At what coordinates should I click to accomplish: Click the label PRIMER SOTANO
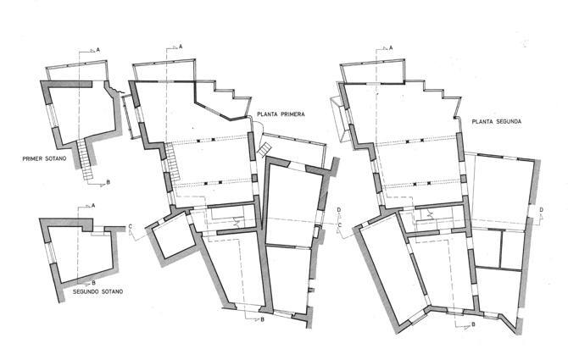44,159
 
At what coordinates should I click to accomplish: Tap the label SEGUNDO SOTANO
97,291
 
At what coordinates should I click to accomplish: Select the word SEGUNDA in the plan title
508,122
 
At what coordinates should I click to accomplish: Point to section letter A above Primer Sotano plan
97,50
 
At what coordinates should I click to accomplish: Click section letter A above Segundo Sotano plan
93,206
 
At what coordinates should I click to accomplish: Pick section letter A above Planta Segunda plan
391,47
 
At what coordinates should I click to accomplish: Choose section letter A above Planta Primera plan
181,47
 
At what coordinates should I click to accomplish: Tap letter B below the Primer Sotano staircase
108,183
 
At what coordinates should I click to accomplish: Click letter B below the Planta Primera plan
262,319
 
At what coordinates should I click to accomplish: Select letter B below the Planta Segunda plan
473,325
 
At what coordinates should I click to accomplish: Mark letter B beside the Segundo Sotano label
93,283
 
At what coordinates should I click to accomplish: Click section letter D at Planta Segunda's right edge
541,210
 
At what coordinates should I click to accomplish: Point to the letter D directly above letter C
339,210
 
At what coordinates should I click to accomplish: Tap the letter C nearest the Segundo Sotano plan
131,227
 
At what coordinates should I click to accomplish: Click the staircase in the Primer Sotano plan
85,159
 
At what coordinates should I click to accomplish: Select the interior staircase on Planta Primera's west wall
173,162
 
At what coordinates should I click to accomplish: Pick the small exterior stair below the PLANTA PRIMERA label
264,149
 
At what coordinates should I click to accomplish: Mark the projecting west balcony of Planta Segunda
339,119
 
